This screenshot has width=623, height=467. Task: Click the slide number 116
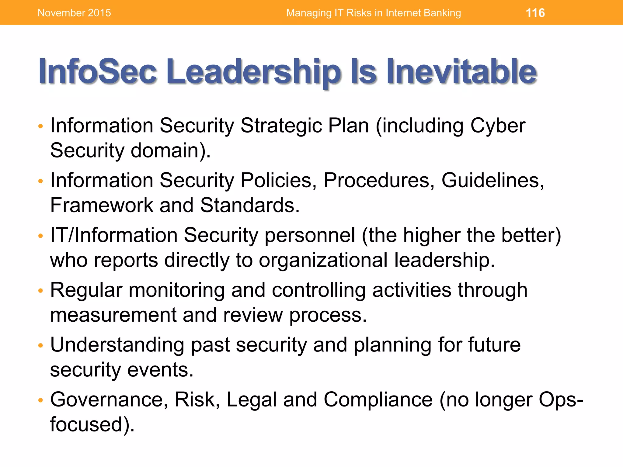coord(535,13)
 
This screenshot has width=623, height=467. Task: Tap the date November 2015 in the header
coord(74,13)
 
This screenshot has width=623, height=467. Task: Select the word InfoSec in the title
coord(97,71)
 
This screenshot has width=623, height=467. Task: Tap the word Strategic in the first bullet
coord(281,126)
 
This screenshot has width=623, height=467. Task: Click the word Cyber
coord(498,126)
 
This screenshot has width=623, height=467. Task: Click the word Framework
coord(102,205)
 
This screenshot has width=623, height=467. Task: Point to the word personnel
coord(310,235)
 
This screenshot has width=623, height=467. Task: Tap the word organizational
coord(323,260)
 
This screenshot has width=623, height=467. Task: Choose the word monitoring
coord(176,290)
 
